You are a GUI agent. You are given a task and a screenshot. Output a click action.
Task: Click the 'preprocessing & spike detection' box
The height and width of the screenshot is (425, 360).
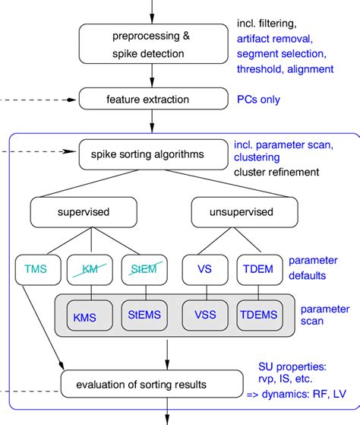coord(153,44)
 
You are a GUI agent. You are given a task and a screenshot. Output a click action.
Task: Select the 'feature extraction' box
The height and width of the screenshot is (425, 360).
coord(153,99)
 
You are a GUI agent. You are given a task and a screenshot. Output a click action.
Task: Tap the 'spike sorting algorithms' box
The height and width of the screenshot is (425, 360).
coord(153,154)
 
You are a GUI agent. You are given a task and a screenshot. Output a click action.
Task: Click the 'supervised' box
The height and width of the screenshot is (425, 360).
coord(84,212)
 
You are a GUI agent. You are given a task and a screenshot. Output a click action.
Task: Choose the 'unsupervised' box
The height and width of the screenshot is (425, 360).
coord(245,212)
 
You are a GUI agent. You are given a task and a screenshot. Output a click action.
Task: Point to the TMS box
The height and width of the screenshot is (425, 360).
coord(38,270)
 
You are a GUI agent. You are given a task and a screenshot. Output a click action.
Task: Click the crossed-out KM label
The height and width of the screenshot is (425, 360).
coord(90,269)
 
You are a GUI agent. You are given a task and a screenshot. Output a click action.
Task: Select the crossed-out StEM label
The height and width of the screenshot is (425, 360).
coord(144,269)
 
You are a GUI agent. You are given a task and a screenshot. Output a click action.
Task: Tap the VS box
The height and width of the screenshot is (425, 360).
coord(205,270)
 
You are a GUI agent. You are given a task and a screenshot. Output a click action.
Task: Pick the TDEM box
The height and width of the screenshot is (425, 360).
coord(260,270)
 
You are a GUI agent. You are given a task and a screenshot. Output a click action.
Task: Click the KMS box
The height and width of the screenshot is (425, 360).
coord(90,316)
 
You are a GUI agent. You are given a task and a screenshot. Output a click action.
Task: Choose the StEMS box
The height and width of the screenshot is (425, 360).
coord(144,316)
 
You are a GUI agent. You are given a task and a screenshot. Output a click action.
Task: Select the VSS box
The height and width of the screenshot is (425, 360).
coord(205,316)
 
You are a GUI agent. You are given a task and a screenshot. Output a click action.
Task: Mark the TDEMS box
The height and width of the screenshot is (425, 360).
coord(260,316)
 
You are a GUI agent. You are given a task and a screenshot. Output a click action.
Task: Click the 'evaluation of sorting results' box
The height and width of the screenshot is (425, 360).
coord(152,384)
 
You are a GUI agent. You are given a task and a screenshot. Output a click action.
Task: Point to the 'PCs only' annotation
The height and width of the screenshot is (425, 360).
coord(258,100)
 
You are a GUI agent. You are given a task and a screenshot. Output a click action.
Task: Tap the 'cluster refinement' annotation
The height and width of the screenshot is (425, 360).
coord(276,172)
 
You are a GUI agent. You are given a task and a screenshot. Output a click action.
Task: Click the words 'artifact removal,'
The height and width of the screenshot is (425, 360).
coord(275,39)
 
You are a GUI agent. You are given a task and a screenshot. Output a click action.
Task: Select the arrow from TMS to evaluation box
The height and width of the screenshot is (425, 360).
coord(43,328)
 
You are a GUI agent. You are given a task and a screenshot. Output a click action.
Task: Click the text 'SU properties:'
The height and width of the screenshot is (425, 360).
coord(292,367)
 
